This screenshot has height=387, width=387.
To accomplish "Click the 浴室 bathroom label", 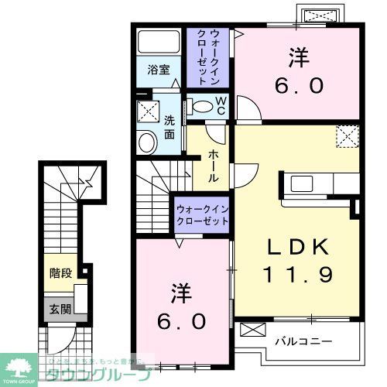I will tap(160, 68).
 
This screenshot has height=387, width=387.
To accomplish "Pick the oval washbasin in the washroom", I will tap(146, 142).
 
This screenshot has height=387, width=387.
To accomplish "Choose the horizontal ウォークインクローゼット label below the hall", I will tap(202, 214).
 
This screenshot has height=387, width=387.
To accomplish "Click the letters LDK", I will tap(297, 247).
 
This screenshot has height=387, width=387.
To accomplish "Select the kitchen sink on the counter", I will tap(300, 184).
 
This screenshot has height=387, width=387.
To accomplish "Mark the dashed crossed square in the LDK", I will tap(348, 136).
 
